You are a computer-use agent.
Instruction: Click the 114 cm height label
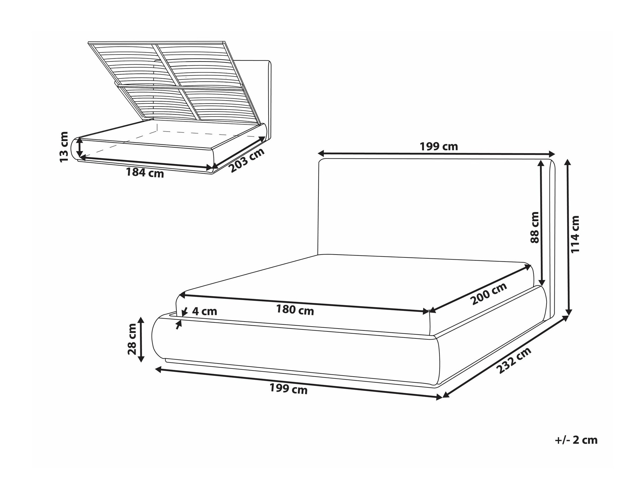pos(575,234)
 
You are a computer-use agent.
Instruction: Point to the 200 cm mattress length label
pos(489,294)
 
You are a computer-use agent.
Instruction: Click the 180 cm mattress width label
pos(295,310)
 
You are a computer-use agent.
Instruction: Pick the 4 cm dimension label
pos(204,311)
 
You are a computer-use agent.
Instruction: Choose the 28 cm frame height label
pos(132,339)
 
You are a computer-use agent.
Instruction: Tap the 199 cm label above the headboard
pos(439,146)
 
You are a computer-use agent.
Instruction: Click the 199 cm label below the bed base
pos(288,389)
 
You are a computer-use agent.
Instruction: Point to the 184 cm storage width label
pos(145,173)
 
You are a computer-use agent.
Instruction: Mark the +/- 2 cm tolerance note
pos(576,440)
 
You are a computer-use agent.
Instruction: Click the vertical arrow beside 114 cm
pos(568,237)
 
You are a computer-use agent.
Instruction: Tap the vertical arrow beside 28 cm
pos(141,339)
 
